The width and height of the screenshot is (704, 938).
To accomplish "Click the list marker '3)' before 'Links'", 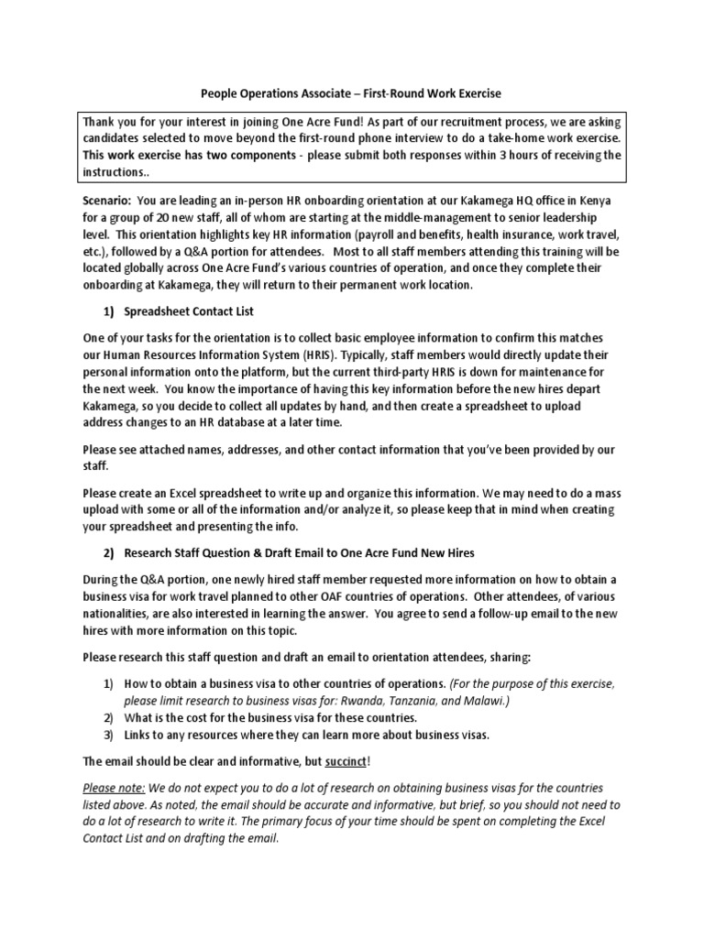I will click(106, 736).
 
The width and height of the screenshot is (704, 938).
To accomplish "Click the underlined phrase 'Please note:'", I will click(114, 789).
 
